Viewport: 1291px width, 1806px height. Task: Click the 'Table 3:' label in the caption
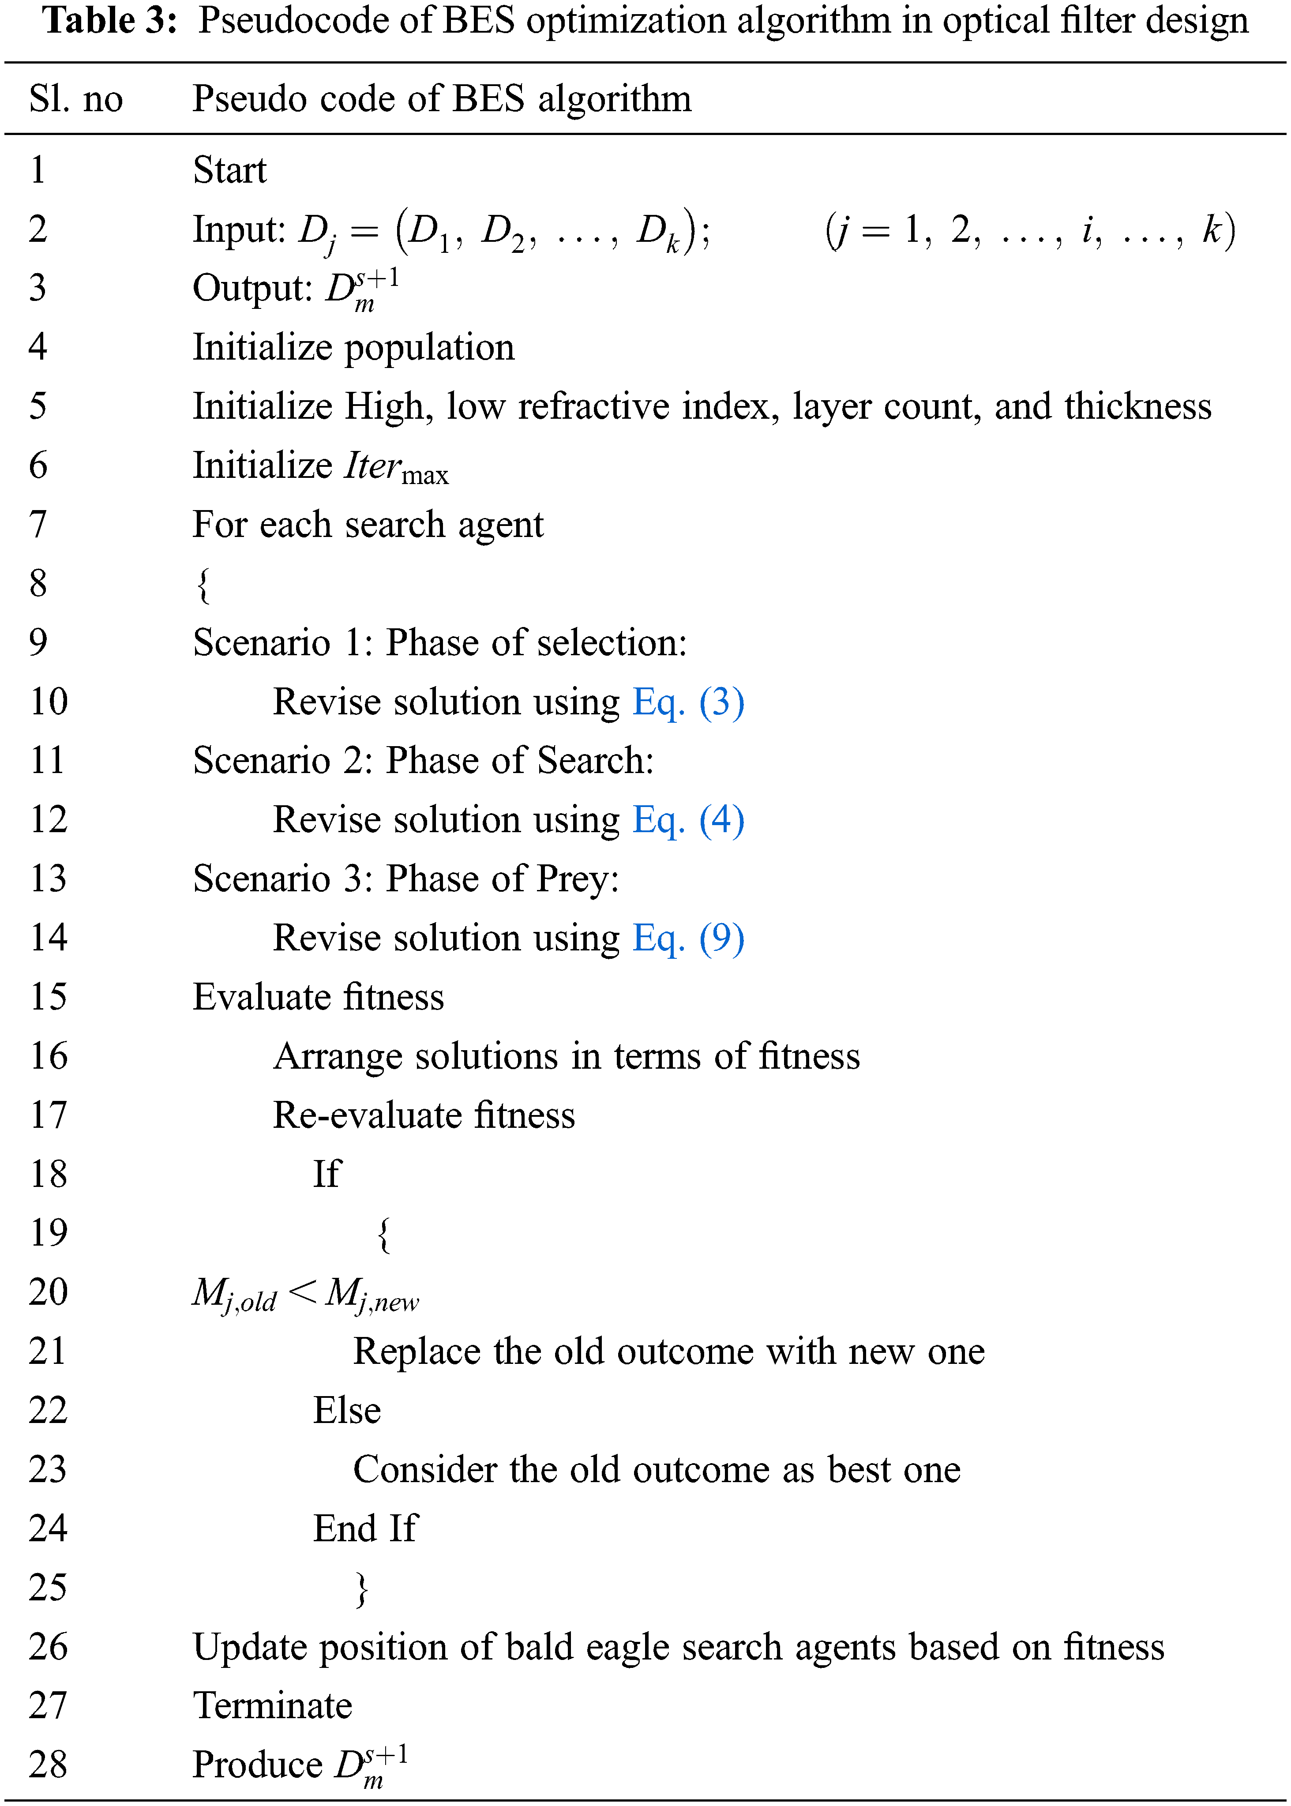coord(109,21)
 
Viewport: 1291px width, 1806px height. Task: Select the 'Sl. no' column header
coord(75,99)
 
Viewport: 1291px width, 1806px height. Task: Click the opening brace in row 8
coord(203,586)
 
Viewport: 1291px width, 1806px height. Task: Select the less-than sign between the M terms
coord(302,1292)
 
